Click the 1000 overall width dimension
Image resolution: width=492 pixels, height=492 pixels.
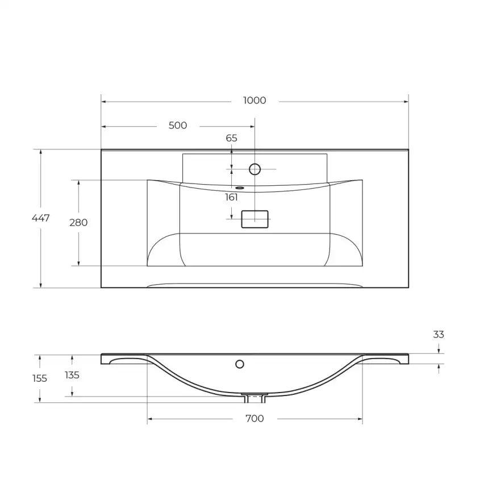click(254, 101)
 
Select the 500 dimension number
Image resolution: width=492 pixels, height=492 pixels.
click(178, 126)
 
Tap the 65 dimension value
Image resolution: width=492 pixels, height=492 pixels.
click(231, 138)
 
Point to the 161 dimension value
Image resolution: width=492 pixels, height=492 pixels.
click(231, 198)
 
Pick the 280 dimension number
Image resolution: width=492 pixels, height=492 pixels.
click(78, 223)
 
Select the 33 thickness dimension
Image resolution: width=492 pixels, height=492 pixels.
click(439, 335)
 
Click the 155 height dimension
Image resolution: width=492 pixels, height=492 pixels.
click(39, 378)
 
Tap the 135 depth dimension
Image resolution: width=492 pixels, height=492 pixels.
click(72, 375)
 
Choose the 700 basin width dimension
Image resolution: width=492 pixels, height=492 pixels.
click(254, 419)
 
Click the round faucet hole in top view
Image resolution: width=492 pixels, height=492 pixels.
click(255, 169)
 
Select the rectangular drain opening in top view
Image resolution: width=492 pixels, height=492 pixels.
click(255, 219)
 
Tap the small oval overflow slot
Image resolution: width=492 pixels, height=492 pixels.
click(240, 187)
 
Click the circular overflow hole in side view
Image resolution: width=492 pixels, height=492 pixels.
click(240, 363)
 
